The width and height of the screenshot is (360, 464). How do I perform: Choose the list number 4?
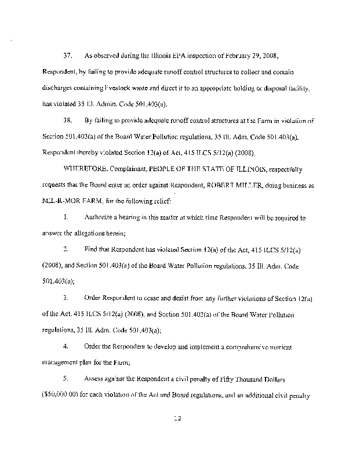click(67, 347)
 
